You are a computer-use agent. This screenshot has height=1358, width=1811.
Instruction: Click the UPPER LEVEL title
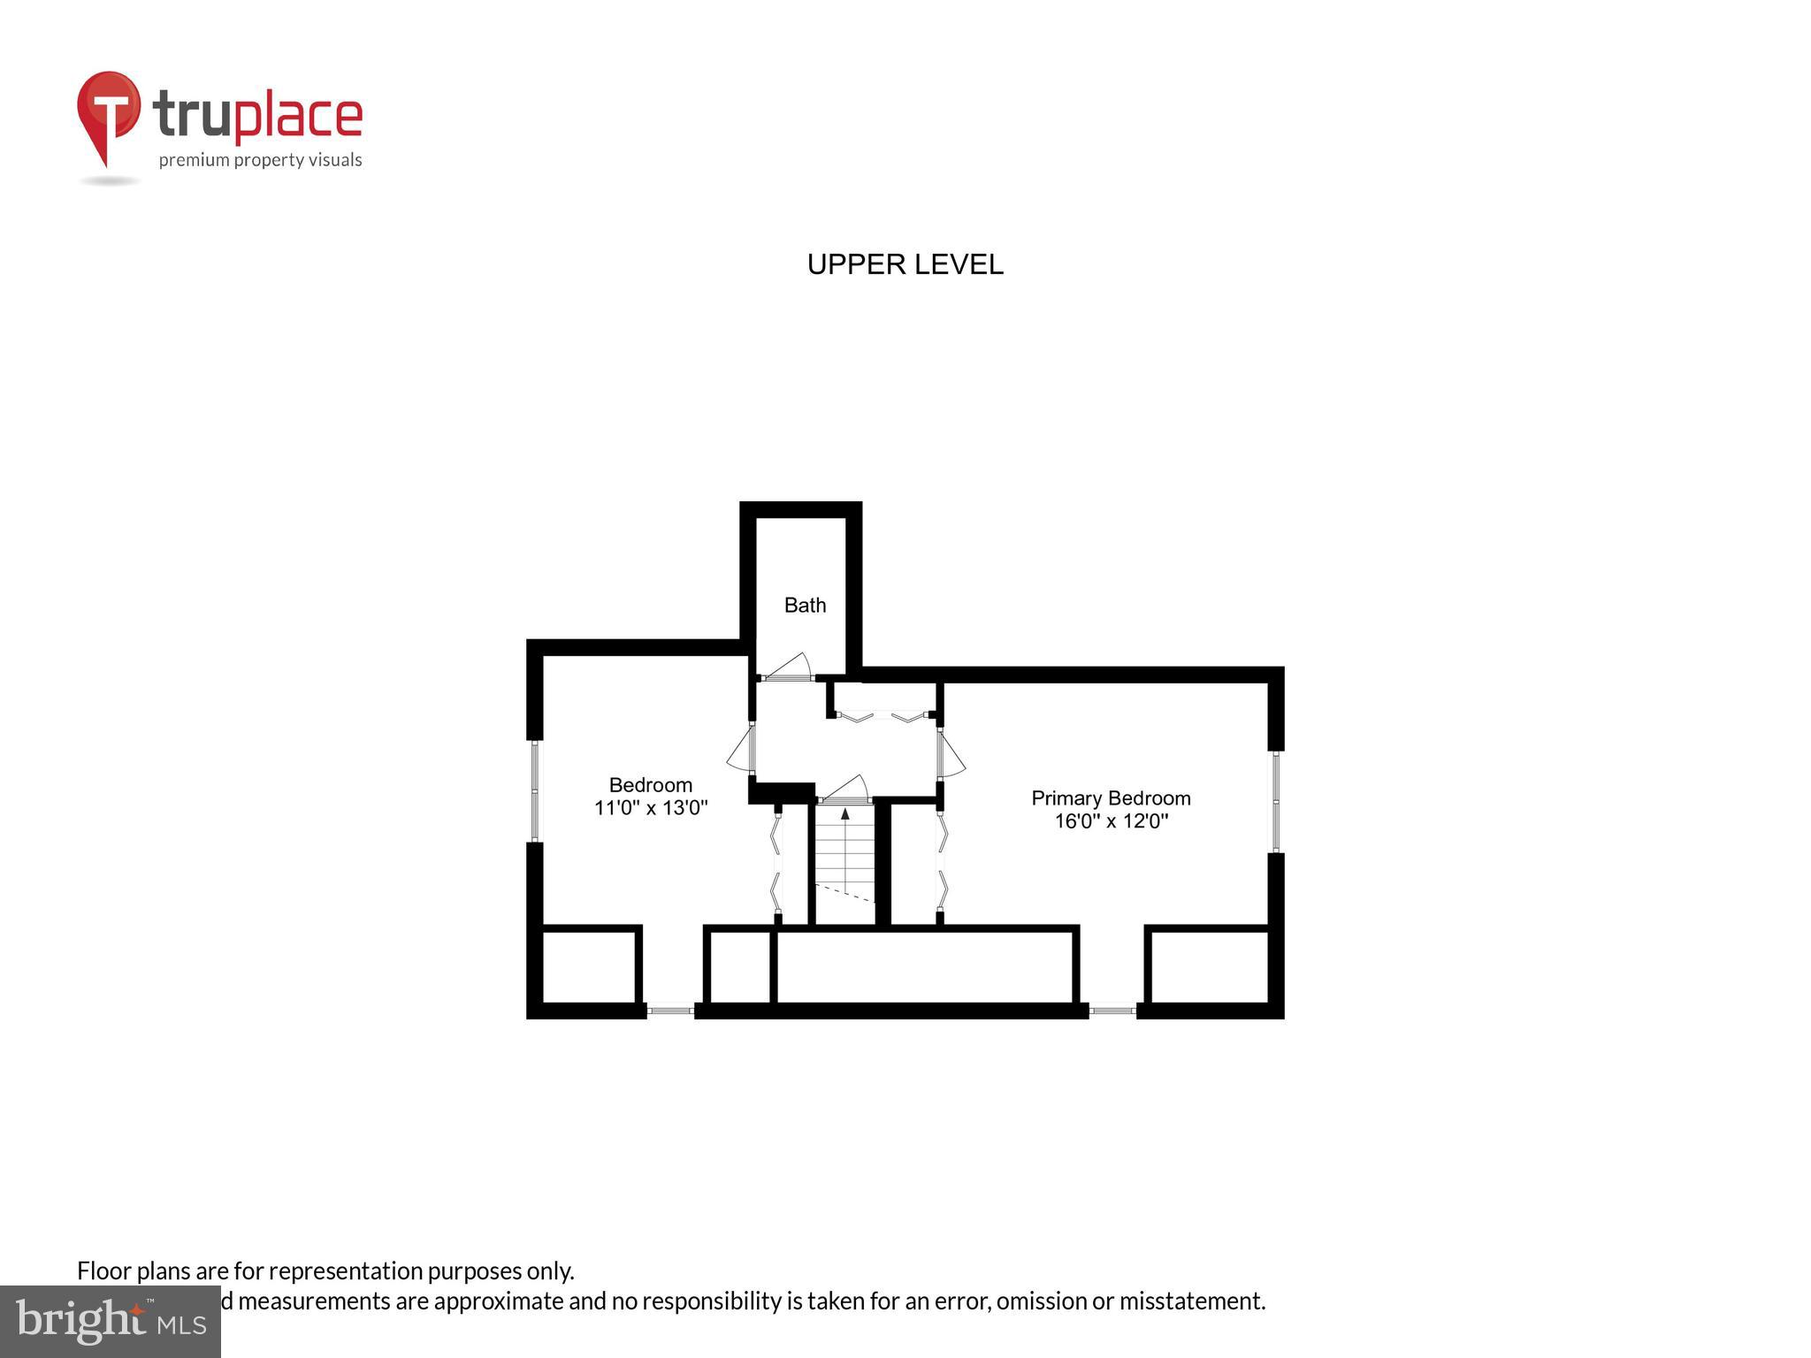click(x=905, y=264)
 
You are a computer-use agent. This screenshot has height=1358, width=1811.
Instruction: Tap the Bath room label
click(x=805, y=606)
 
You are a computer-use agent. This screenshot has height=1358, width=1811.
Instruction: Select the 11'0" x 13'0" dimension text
click(x=651, y=808)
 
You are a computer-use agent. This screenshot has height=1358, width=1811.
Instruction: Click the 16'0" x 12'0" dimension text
click(x=1111, y=821)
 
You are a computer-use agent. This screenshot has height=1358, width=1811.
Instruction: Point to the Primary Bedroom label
click(x=1111, y=798)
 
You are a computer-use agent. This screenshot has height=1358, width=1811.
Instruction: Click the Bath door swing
click(x=789, y=668)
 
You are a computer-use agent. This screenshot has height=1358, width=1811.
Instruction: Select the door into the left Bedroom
click(x=741, y=751)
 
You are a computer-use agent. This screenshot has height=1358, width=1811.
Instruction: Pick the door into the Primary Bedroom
click(x=951, y=754)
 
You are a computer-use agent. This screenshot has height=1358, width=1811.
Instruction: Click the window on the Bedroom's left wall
click(x=534, y=790)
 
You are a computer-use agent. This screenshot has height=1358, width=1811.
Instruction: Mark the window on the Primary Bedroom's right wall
click(x=1276, y=801)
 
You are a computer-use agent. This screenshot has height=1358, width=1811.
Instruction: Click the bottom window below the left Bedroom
click(x=670, y=1010)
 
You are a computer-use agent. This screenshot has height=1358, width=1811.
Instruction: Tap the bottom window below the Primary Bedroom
click(x=1112, y=1010)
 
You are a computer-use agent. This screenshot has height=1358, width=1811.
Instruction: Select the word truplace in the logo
click(x=257, y=116)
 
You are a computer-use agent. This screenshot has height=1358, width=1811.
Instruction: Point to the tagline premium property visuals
click(x=260, y=160)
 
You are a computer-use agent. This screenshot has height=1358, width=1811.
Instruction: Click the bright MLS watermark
click(x=111, y=1322)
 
